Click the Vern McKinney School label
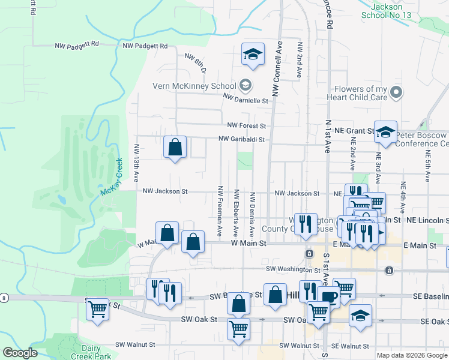tap(194, 85)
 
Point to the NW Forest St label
tap(246, 126)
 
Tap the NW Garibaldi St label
tap(241, 139)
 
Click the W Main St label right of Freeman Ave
tap(248, 243)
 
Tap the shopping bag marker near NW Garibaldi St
tap(175, 146)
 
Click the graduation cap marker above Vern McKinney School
tap(253, 55)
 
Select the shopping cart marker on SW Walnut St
tap(238, 329)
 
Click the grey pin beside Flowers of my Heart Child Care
tap(395, 93)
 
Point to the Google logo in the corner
tap(20, 353)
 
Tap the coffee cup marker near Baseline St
tap(328, 296)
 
